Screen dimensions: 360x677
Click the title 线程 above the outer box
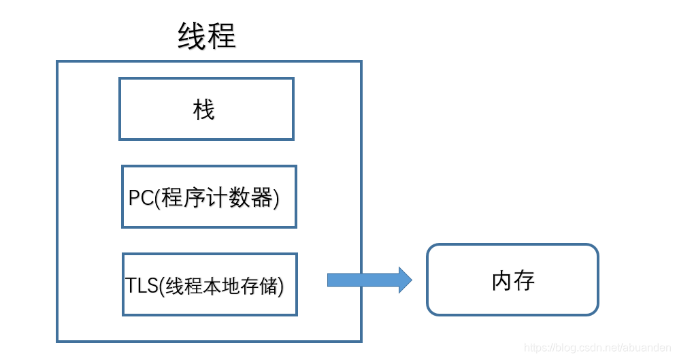click(207, 36)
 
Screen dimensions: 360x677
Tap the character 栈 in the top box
click(204, 110)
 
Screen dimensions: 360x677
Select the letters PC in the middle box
click(141, 198)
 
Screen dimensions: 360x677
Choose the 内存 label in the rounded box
click(513, 280)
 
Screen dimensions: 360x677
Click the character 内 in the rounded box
click(502, 280)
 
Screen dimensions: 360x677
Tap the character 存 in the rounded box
click(524, 280)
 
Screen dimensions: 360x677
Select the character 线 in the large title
click(192, 36)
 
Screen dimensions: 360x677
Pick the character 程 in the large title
click(222, 36)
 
